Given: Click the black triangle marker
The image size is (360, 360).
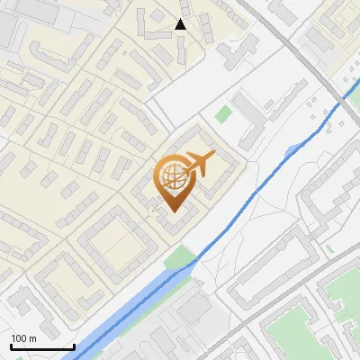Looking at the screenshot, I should click(x=180, y=24).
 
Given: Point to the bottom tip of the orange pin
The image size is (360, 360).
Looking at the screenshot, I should click(x=172, y=212).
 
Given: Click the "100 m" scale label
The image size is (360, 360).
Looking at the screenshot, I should click(x=23, y=338).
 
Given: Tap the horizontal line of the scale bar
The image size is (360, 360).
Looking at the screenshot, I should click(x=41, y=346).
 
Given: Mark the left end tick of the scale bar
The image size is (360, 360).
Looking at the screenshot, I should click(x=10, y=345).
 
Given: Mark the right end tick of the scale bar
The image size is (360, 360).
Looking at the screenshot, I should click(x=73, y=345).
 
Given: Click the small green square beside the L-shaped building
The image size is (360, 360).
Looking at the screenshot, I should click(x=223, y=115).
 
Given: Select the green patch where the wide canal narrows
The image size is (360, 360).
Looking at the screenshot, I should click(x=180, y=258).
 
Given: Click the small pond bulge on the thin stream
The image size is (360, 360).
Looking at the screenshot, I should click(x=293, y=150).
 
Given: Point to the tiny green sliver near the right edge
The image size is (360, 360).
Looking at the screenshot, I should click(x=330, y=247).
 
